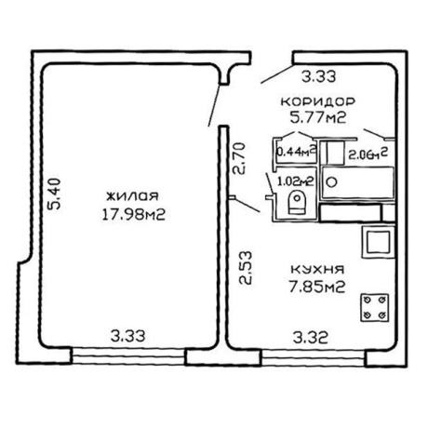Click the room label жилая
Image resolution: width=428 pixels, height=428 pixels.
(x=133, y=196)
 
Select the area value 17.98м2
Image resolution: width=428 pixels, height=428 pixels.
(x=133, y=214)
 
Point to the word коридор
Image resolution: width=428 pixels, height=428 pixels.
(x=317, y=101)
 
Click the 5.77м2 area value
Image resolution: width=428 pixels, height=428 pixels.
(x=318, y=117)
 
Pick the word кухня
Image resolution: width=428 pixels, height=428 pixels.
(x=317, y=269)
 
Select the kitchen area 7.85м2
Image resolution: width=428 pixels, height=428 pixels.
(x=317, y=287)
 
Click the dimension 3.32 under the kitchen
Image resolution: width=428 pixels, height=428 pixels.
(x=311, y=338)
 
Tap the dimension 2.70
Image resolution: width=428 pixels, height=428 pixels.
(x=239, y=158)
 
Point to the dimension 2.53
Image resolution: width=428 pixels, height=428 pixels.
(x=246, y=268)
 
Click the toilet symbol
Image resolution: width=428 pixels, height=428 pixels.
(x=297, y=202)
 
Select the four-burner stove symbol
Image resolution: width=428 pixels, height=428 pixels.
(x=374, y=307)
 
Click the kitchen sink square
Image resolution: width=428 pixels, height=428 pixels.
(x=378, y=242)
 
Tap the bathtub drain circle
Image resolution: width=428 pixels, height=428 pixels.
(x=332, y=181)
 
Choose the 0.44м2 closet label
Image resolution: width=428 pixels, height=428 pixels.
(x=296, y=152)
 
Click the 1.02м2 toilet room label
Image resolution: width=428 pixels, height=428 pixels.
(x=295, y=181)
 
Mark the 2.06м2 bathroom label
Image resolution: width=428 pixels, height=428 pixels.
(x=368, y=154)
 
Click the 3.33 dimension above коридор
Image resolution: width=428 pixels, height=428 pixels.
(x=319, y=76)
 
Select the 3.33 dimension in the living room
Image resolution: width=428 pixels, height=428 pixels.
(x=128, y=336)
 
